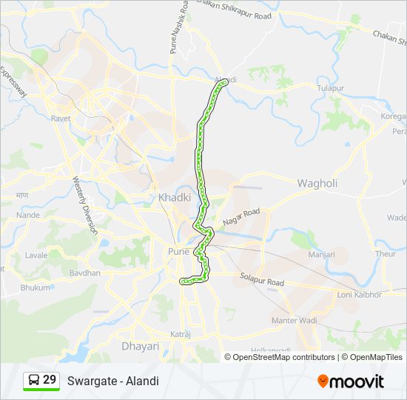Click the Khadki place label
[175, 198]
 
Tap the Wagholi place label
[317, 183]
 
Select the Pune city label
[178, 252]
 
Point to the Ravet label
[61, 119]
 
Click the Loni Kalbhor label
[359, 294]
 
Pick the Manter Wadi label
[295, 321]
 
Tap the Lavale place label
[36, 255]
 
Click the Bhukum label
[36, 287]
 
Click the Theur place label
[386, 253]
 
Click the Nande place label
[27, 215]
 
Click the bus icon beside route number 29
[33, 381]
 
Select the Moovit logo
[351, 381]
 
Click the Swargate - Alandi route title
[112, 381]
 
